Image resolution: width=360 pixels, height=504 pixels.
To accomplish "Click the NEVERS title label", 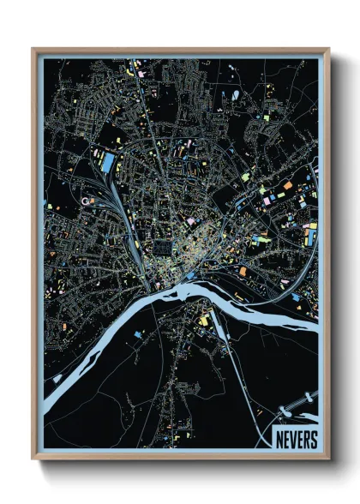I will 296,439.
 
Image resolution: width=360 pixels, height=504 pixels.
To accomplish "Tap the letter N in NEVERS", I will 279,439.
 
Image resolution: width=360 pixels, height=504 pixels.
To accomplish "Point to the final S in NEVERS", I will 313,439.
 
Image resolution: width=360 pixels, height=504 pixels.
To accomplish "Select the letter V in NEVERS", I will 292,439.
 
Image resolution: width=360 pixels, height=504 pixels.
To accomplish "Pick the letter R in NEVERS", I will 306,439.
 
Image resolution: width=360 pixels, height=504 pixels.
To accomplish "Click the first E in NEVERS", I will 285,439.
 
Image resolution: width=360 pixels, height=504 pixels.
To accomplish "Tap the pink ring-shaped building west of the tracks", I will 84,201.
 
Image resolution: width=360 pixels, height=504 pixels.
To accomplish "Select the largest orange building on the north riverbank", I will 243,272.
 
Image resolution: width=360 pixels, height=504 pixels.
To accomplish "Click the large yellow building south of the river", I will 204,321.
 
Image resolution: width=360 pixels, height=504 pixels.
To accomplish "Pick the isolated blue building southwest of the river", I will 57,377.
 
